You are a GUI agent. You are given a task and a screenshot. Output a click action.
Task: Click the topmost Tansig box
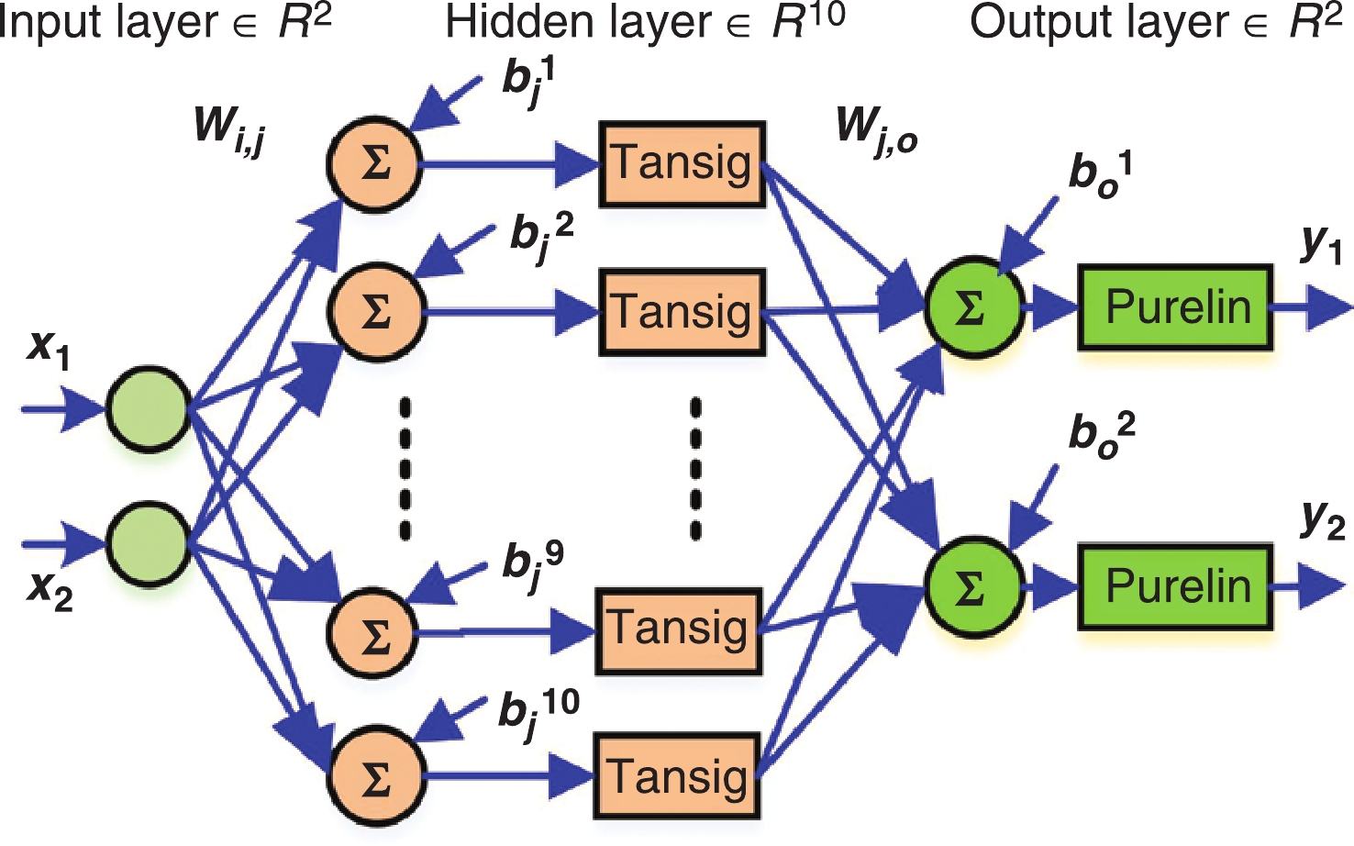pyautogui.click(x=682, y=163)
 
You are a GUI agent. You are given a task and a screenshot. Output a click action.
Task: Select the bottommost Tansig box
pyautogui.click(x=679, y=775)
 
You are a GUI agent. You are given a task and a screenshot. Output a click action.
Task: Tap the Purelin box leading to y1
pyautogui.click(x=1175, y=307)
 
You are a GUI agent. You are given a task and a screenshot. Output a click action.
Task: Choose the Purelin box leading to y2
pyautogui.click(x=1175, y=586)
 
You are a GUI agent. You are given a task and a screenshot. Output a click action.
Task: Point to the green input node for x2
pyautogui.click(x=149, y=543)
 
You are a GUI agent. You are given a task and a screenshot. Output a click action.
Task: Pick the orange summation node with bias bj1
pyautogui.click(x=374, y=165)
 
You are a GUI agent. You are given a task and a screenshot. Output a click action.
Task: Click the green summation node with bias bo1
pyautogui.click(x=973, y=306)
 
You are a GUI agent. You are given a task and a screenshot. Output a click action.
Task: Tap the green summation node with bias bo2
pyautogui.click(x=973, y=587)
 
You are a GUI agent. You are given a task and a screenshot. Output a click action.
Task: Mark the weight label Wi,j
pyautogui.click(x=229, y=128)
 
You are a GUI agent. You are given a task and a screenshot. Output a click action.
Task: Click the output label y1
pyautogui.click(x=1321, y=243)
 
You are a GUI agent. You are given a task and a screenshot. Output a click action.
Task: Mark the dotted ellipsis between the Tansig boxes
pyautogui.click(x=695, y=468)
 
